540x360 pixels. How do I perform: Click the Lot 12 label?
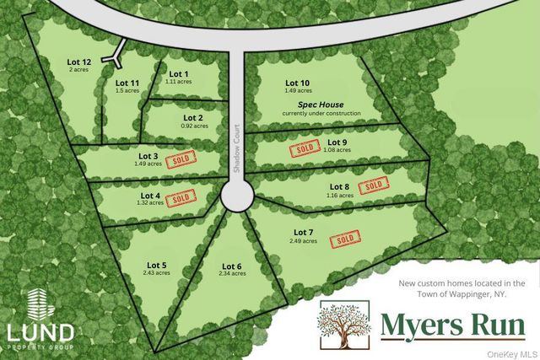pos(79,61)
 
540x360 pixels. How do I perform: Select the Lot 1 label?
pos(179,73)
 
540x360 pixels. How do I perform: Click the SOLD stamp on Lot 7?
pos(344,239)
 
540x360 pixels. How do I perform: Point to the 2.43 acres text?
pos(156,273)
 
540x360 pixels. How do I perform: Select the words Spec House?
pos(321,104)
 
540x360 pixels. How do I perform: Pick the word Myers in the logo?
pos(413,324)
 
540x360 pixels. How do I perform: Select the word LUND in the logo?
pos(40,332)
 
